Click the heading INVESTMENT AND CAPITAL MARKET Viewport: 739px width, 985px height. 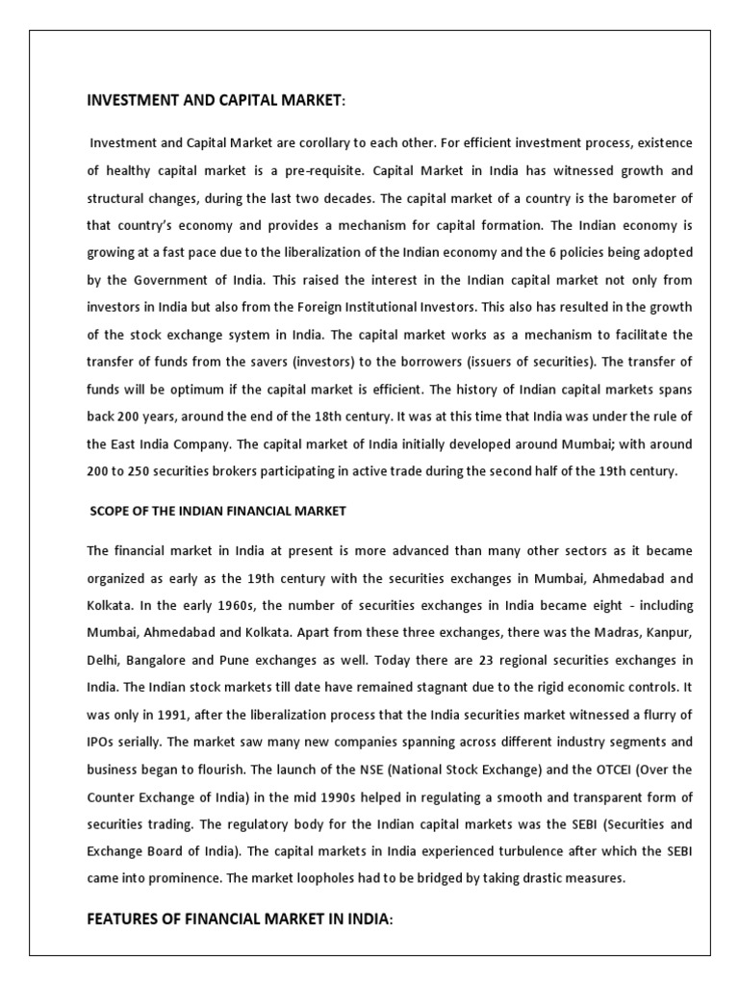[x=216, y=99]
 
